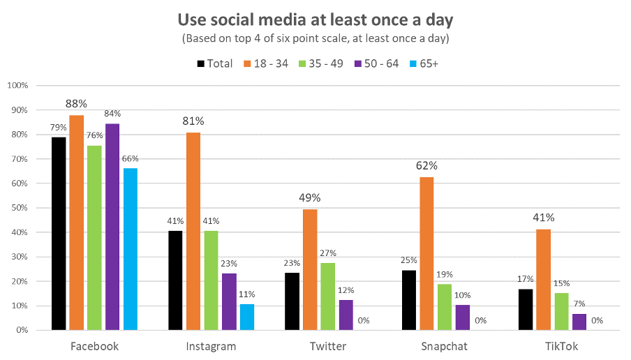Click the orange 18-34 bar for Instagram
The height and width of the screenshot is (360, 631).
click(193, 231)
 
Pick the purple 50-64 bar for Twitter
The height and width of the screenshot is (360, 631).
click(346, 315)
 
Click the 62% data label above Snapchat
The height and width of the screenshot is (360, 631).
click(427, 166)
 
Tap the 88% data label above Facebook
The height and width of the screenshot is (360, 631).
click(76, 103)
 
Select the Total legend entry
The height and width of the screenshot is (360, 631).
click(215, 63)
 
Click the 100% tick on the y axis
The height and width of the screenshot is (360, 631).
click(16, 85)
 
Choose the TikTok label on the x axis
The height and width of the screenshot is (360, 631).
click(561, 346)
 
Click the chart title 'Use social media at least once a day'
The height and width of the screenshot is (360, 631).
click(315, 19)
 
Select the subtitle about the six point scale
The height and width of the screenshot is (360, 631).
click(315, 38)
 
